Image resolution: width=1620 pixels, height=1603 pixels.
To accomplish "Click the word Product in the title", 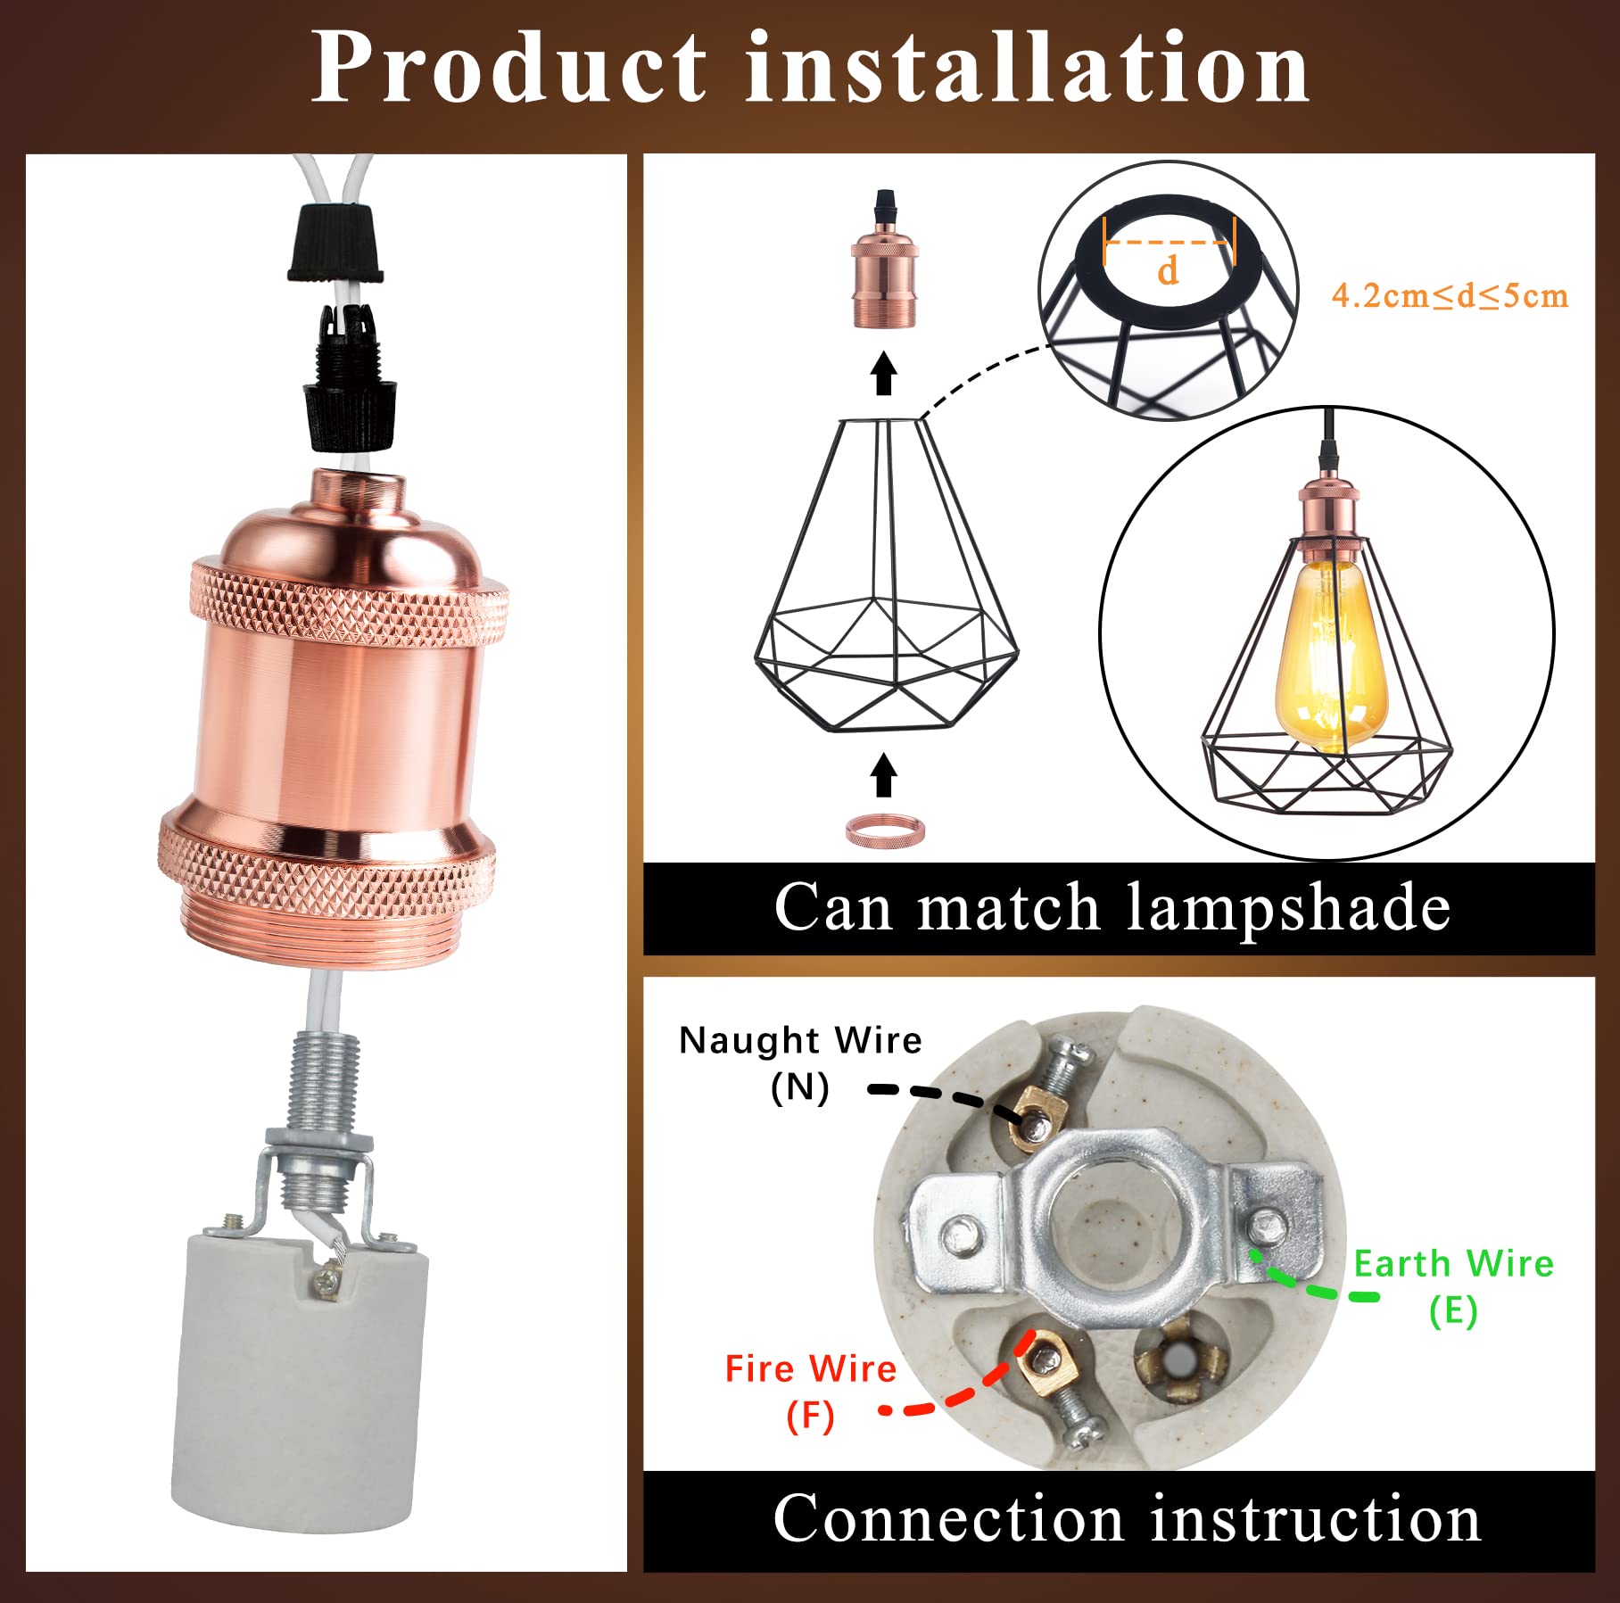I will click(508, 68).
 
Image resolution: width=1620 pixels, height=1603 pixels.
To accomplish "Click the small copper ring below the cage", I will click(885, 830).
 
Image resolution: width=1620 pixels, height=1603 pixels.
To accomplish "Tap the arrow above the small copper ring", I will click(884, 774).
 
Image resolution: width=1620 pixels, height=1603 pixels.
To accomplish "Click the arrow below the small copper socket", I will click(884, 372).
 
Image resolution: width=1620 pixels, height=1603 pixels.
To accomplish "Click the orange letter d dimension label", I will click(1167, 269).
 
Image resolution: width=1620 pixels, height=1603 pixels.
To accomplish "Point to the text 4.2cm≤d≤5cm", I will click(1449, 295).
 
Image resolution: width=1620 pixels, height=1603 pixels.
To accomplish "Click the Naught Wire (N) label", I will click(800, 1062).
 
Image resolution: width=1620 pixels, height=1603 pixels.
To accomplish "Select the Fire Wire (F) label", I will click(809, 1391).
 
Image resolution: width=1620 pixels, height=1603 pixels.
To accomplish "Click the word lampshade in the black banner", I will click(1288, 908).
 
